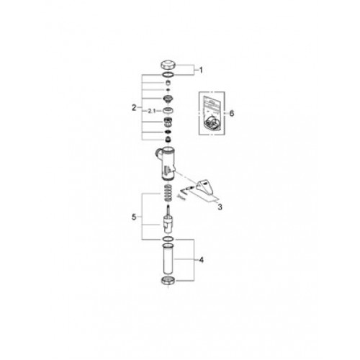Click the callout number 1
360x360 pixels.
(x=201, y=71)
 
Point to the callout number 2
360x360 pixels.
(x=134, y=108)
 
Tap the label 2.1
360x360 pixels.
(x=152, y=111)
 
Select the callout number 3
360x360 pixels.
(x=220, y=207)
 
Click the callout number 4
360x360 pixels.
(x=202, y=260)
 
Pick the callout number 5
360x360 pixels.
(x=134, y=217)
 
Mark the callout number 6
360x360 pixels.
(x=231, y=113)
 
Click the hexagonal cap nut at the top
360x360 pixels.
(x=168, y=65)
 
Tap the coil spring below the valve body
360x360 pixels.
(x=168, y=192)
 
